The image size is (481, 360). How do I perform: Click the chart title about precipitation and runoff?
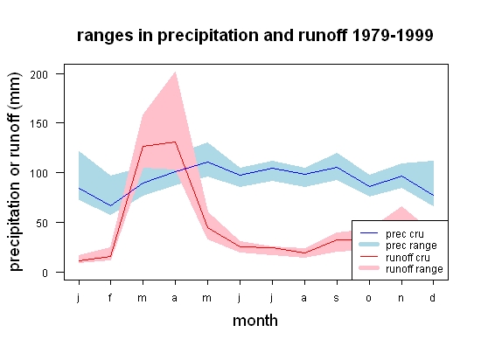click(254, 36)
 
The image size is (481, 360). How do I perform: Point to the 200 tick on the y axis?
click(39, 74)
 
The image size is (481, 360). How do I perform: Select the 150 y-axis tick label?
click(39, 124)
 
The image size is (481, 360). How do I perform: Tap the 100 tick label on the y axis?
click(39, 173)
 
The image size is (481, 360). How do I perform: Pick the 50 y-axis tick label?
click(42, 223)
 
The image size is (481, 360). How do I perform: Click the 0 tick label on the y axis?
click(45, 273)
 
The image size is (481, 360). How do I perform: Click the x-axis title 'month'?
click(255, 321)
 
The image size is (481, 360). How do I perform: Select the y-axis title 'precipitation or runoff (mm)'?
click(15, 171)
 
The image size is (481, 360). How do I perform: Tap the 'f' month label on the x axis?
click(110, 297)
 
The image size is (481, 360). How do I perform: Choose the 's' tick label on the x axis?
click(337, 298)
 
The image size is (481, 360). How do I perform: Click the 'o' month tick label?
click(369, 298)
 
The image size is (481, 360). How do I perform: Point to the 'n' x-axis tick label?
click(401, 298)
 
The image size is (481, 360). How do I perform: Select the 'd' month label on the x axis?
click(433, 297)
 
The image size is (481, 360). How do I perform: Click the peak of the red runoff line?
click(175, 142)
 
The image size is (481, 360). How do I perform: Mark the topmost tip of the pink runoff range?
click(175, 72)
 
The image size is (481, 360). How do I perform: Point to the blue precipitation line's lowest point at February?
click(110, 205)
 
